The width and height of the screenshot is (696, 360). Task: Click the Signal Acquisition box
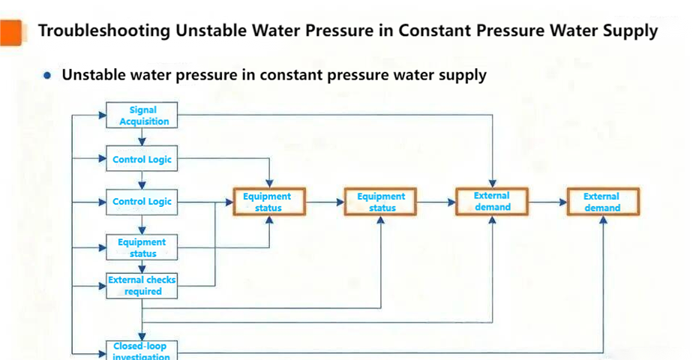pos(142,115)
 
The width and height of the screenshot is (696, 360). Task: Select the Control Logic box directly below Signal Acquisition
pos(142,159)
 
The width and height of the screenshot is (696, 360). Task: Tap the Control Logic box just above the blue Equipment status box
pos(142,201)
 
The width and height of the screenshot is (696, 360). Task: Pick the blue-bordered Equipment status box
pos(142,247)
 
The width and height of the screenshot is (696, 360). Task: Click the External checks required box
pos(142,285)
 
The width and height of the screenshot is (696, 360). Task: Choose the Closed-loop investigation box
pos(142,349)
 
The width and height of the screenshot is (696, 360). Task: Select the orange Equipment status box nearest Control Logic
pos(268,202)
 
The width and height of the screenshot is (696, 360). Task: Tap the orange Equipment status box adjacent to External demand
pos(381,202)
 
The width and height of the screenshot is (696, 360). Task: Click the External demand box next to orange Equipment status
pos(492,201)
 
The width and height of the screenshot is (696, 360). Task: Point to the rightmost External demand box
pos(602,201)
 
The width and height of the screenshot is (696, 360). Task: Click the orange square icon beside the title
pos(10,31)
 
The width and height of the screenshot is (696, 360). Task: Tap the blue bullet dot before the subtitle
pos(48,76)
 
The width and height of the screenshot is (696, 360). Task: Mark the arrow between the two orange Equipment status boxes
pos(325,202)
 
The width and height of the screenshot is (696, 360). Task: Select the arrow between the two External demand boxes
pos(547,202)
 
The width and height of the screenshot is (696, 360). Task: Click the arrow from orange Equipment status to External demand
pos(436,202)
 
